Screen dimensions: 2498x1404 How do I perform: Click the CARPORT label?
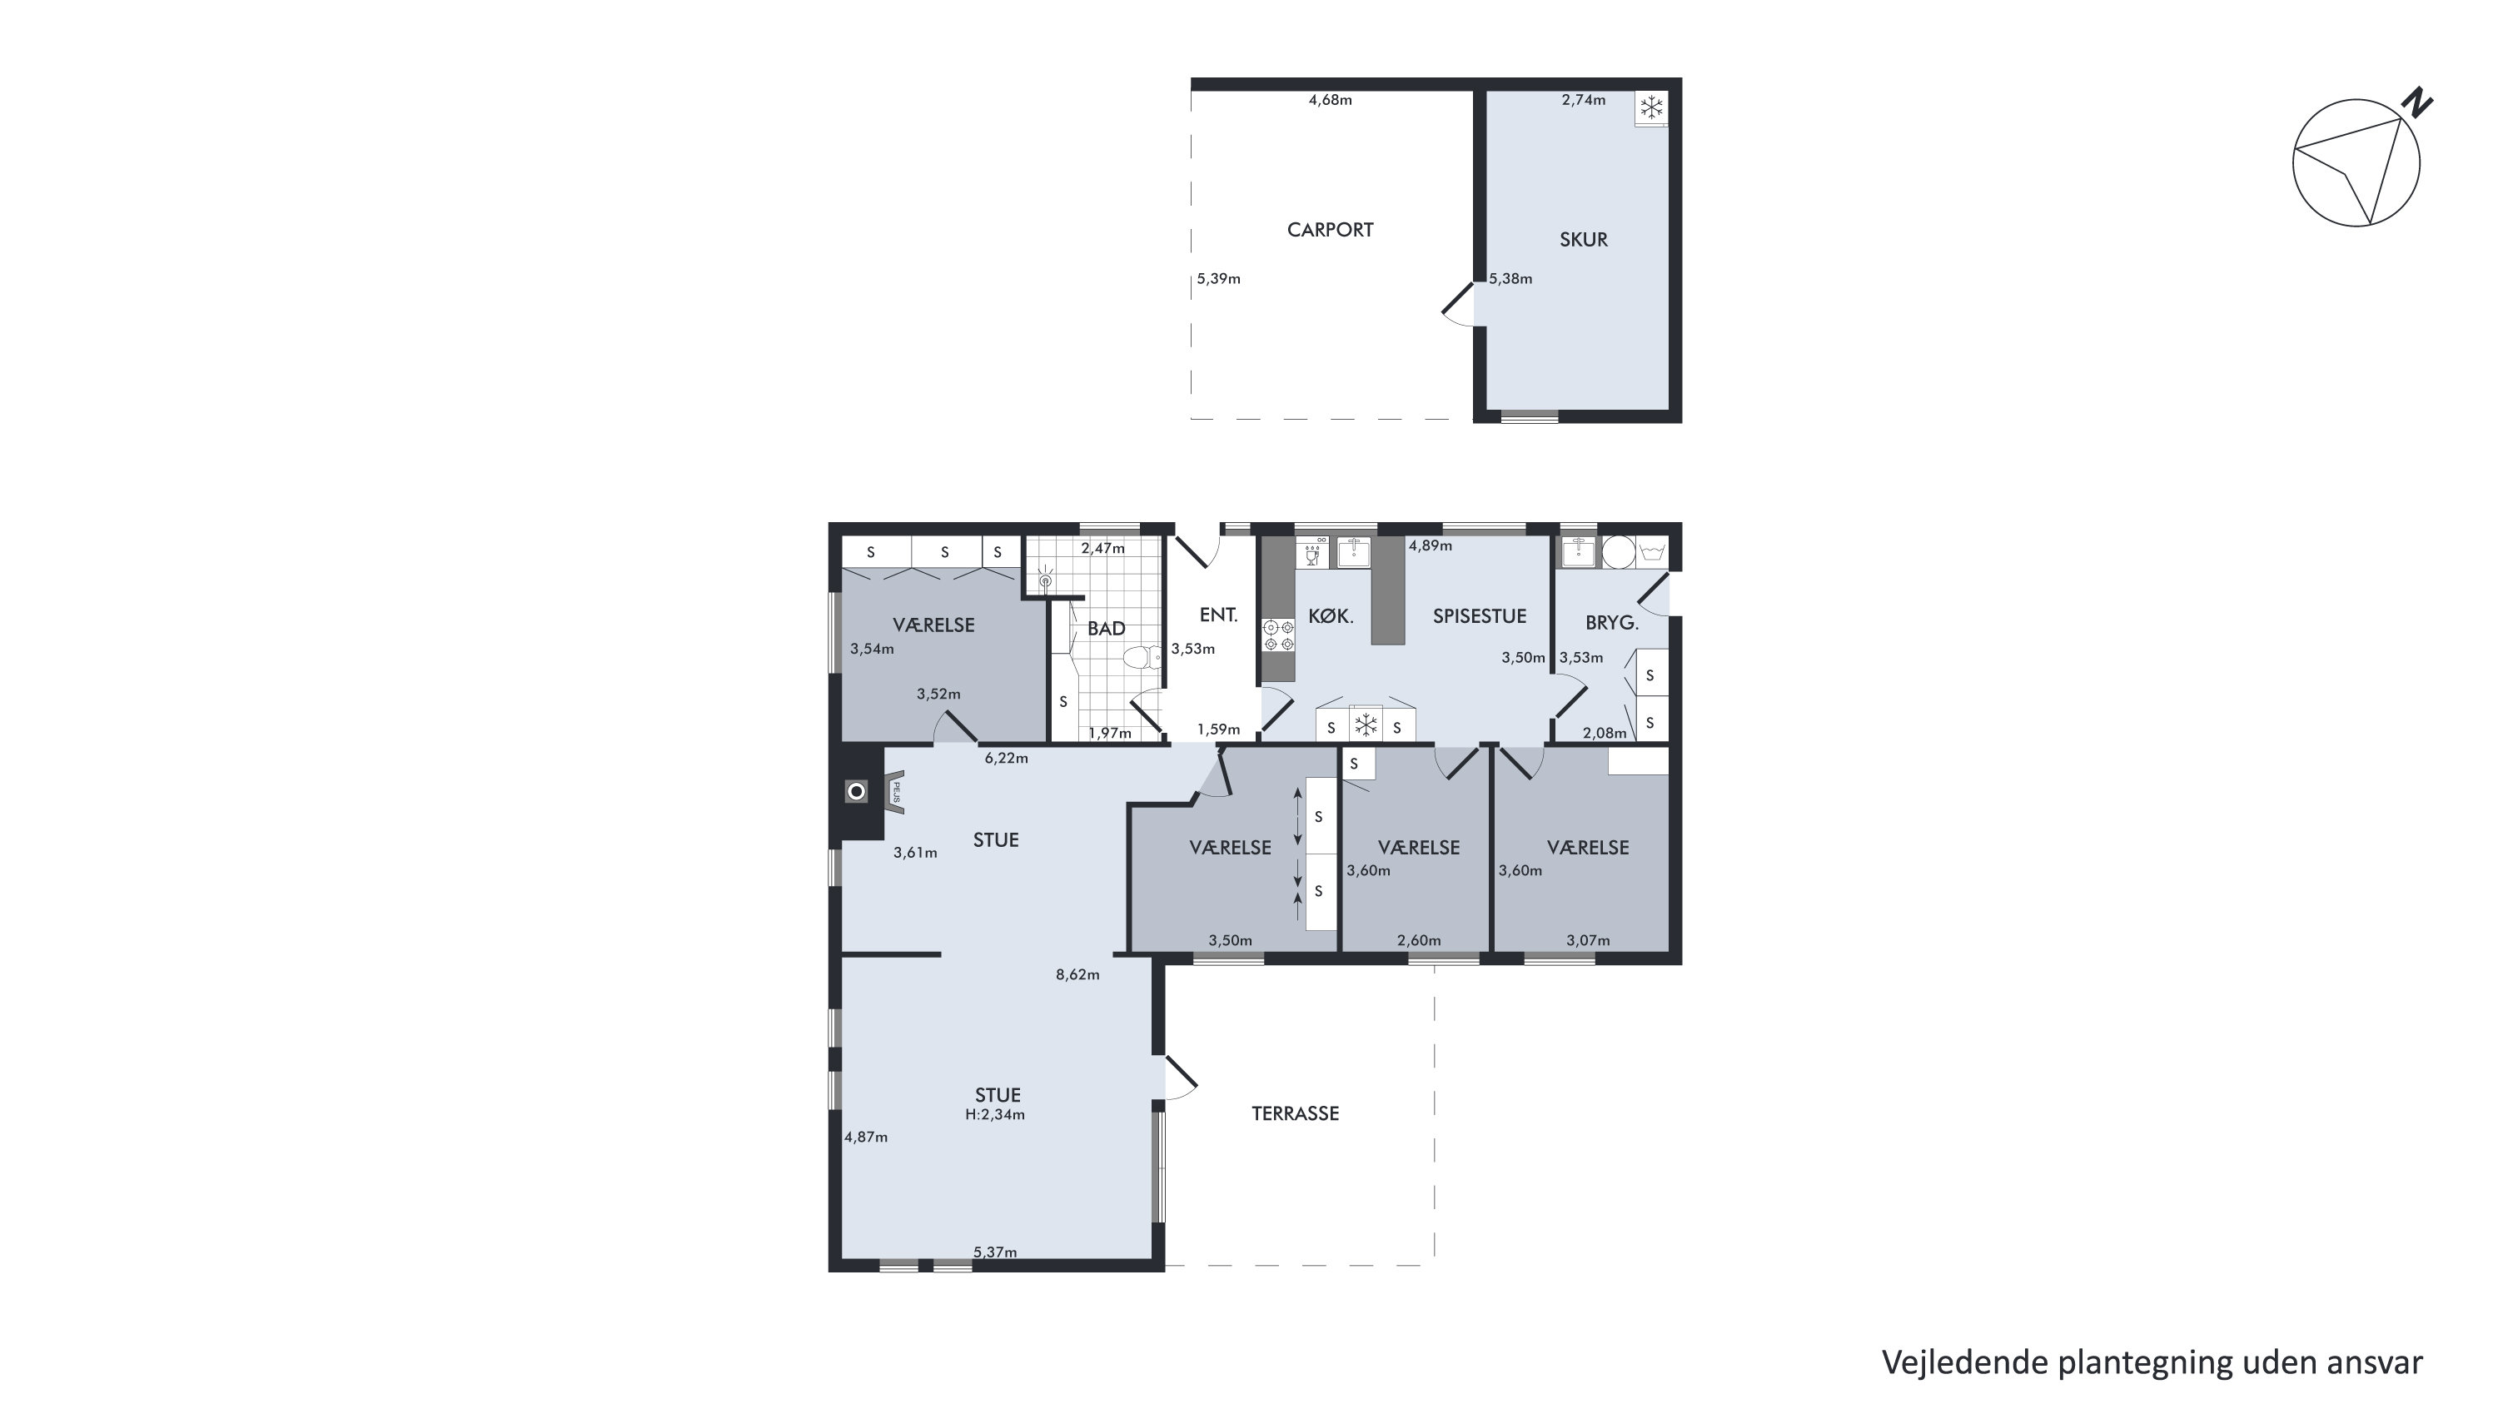pyautogui.click(x=1330, y=230)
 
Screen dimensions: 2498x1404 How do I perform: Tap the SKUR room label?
pyautogui.click(x=1584, y=240)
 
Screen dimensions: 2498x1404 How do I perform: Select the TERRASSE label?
pyautogui.click(x=1295, y=1113)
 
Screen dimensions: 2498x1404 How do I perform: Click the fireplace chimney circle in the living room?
pyautogui.click(x=856, y=792)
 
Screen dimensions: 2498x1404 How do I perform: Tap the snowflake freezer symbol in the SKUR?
pyautogui.click(x=1651, y=107)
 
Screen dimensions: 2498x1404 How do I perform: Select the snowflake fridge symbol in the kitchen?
pyautogui.click(x=1366, y=724)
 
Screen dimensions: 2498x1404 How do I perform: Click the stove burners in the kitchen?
pyautogui.click(x=1278, y=635)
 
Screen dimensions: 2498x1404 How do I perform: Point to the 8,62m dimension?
pyautogui.click(x=1077, y=974)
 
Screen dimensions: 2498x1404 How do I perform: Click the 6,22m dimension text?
pyautogui.click(x=1007, y=759)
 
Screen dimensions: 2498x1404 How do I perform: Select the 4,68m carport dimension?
pyautogui.click(x=1331, y=100)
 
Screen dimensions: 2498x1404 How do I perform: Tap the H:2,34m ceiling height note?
pyautogui.click(x=995, y=1115)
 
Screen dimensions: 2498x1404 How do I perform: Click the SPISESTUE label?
pyautogui.click(x=1480, y=615)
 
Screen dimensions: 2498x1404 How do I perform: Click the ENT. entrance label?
pyautogui.click(x=1218, y=615)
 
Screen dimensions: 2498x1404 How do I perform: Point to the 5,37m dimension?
pyautogui.click(x=995, y=1252)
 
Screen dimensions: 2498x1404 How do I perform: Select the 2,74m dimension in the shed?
pyautogui.click(x=1584, y=100)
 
